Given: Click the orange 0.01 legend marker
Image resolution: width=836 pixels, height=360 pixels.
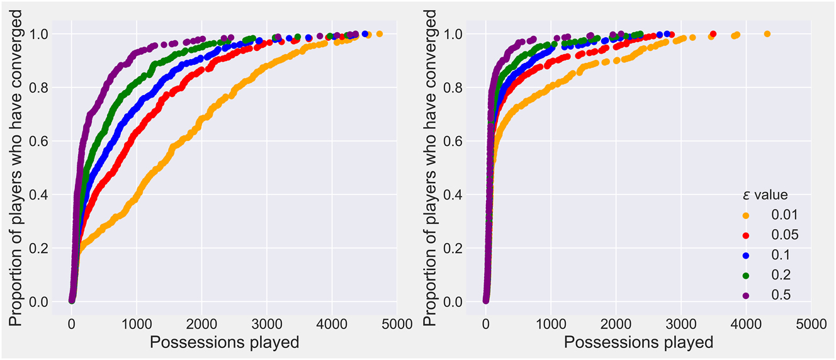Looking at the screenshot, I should [745, 215].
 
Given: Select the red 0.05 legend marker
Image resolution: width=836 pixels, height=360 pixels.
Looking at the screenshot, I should [745, 235].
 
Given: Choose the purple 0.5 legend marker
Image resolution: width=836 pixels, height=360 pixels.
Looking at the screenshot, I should [745, 295].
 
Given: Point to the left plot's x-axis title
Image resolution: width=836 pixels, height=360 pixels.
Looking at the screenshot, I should [223, 343].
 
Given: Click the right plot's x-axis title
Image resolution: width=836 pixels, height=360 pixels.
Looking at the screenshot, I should [638, 343].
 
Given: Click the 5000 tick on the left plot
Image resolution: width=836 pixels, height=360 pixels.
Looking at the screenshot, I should [397, 325].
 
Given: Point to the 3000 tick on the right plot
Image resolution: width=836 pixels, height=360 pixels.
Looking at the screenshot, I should [681, 325].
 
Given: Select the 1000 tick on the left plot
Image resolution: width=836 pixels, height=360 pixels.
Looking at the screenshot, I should [137, 325].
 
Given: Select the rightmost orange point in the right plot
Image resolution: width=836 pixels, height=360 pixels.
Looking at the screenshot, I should [767, 34].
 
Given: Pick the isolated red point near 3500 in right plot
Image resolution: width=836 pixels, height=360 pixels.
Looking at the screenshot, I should [713, 34].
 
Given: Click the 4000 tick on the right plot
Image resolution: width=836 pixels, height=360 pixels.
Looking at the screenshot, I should [745, 325].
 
